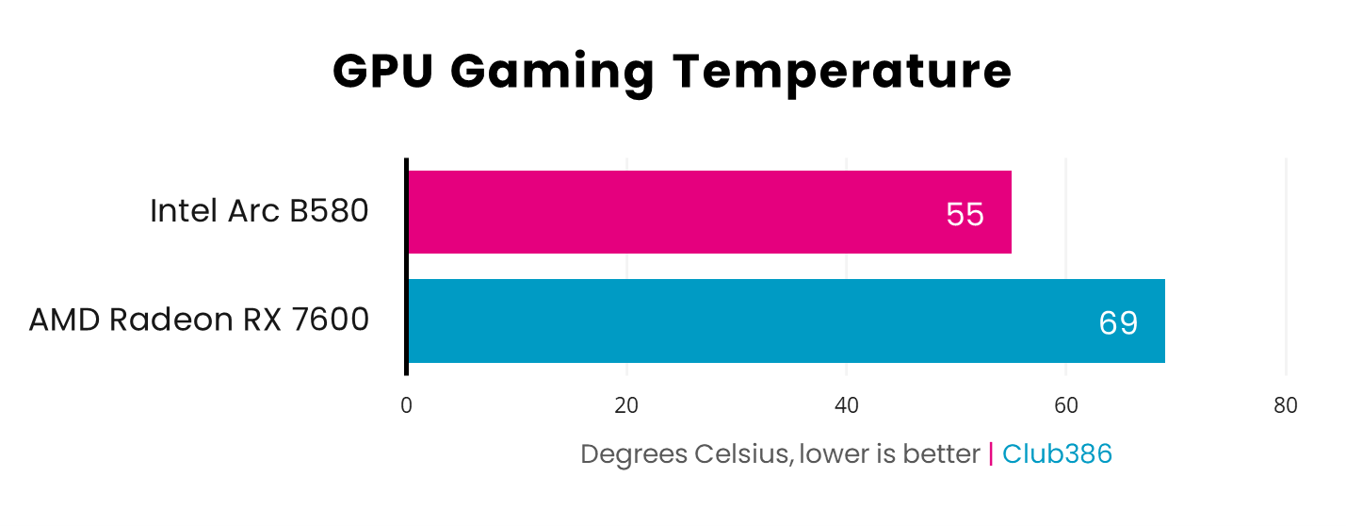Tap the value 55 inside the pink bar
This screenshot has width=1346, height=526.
[965, 215]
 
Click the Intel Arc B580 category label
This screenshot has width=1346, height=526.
[259, 211]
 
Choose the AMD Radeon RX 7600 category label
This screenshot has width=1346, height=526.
[199, 321]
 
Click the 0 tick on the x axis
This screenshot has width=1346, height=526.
[407, 406]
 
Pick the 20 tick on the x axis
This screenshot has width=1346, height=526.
[626, 406]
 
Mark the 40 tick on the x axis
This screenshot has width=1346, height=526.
[847, 406]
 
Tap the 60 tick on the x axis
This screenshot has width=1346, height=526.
[1066, 406]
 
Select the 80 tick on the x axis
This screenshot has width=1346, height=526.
[1286, 406]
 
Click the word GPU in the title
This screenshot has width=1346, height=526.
[382, 73]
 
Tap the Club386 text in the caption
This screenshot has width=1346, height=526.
[1057, 454]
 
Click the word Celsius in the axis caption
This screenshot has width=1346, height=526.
[743, 454]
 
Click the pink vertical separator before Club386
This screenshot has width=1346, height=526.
[991, 454]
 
